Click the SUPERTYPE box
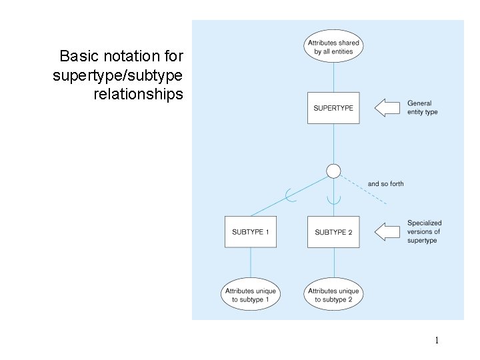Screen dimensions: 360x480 click(x=333, y=108)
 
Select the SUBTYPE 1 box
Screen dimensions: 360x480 click(x=251, y=232)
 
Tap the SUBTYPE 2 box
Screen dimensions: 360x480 click(x=333, y=232)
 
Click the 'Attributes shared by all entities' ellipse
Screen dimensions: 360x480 click(x=333, y=47)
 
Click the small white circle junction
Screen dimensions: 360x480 click(x=333, y=171)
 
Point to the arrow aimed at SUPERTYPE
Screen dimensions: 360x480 click(x=386, y=108)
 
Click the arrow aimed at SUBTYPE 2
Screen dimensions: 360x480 click(x=386, y=232)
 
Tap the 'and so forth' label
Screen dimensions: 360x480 click(x=385, y=184)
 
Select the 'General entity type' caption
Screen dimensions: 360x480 click(x=422, y=108)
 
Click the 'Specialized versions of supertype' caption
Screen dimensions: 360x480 click(x=424, y=231)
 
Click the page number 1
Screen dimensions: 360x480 click(x=437, y=341)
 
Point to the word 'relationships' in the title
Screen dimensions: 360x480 click(x=138, y=94)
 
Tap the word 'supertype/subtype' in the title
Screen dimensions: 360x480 click(x=117, y=75)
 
